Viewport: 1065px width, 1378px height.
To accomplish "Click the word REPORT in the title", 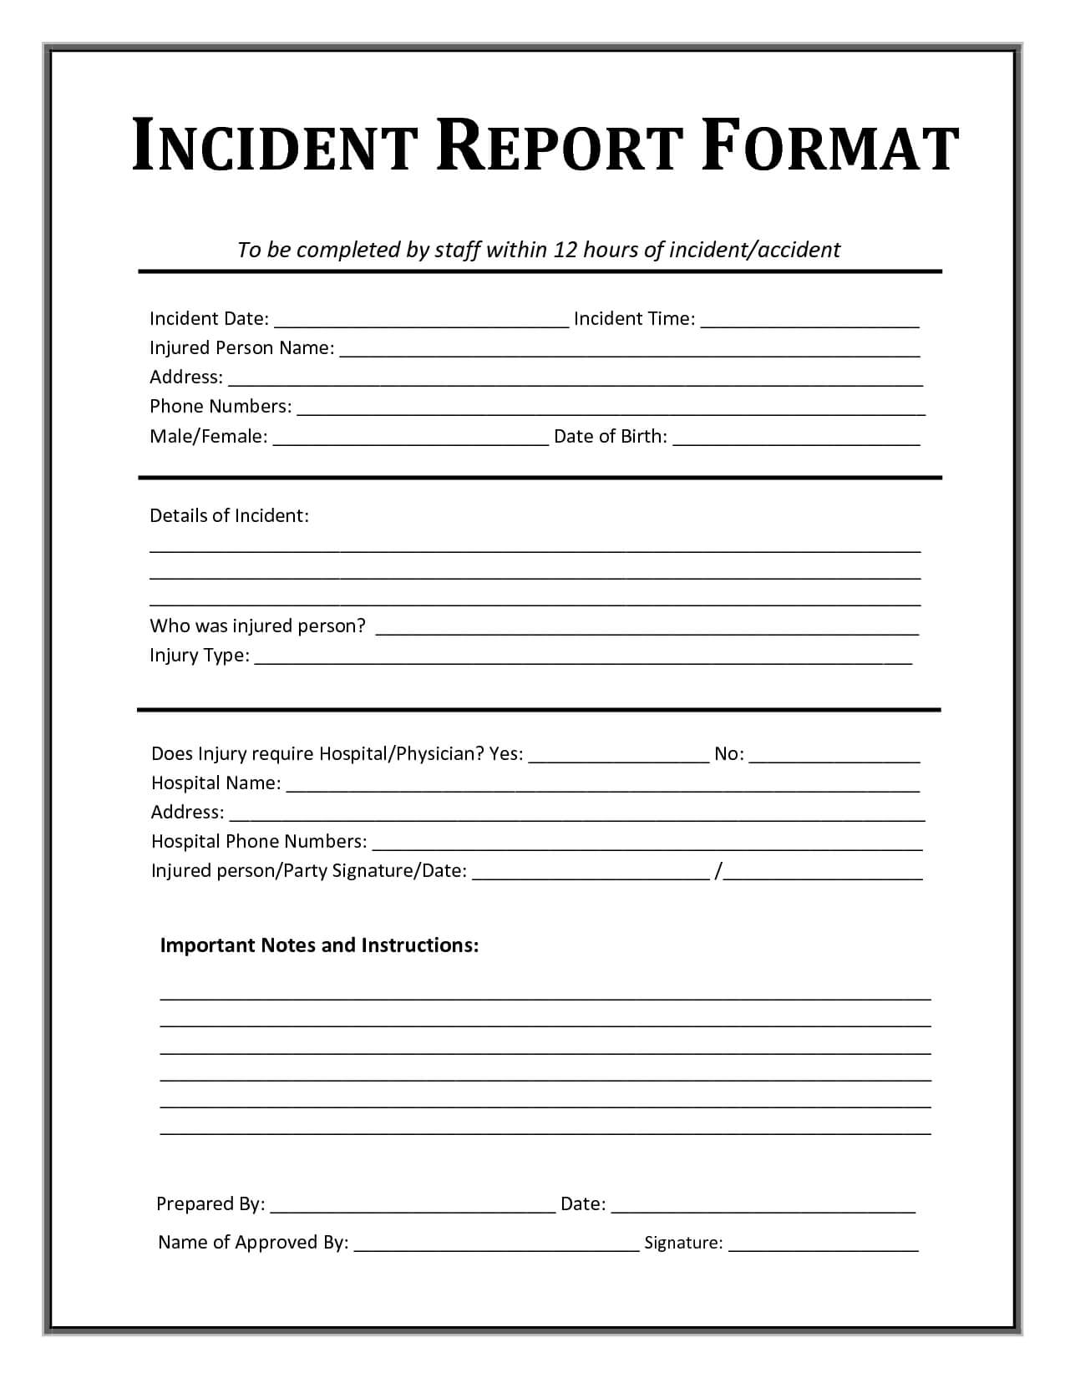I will [x=560, y=148].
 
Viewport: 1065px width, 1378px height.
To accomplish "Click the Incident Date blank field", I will [x=421, y=321].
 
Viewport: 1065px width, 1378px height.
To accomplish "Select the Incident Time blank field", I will [x=809, y=321].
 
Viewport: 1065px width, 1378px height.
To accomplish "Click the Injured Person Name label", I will [x=241, y=348].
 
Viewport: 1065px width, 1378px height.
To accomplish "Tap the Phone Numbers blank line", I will [x=611, y=408].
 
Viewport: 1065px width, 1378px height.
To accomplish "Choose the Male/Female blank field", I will [x=410, y=438].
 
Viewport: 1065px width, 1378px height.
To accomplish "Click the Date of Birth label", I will [x=610, y=437].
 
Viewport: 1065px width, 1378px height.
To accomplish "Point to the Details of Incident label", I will [x=229, y=516].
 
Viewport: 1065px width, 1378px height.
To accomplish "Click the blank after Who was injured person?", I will [x=647, y=629].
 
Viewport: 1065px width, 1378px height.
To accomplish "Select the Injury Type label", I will [x=199, y=656].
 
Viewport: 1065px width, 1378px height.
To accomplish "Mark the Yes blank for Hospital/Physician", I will [x=619, y=757].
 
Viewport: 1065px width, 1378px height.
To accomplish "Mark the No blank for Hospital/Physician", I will [x=834, y=757].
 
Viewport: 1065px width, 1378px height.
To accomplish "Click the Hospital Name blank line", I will [x=602, y=786].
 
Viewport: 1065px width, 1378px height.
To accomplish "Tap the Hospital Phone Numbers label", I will [x=259, y=842].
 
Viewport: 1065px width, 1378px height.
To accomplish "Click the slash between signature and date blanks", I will [x=718, y=871].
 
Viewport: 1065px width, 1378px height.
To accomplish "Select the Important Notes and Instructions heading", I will [x=319, y=945].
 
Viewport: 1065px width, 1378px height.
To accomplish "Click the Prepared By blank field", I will [x=413, y=1206].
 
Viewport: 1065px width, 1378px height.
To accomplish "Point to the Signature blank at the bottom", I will [x=823, y=1245].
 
